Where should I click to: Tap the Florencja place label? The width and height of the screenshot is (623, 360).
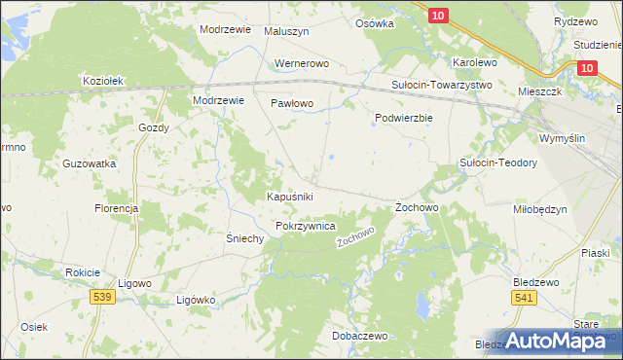[116, 208]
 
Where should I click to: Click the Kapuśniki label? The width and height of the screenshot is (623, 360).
[289, 197]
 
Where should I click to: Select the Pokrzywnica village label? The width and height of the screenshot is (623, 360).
[306, 226]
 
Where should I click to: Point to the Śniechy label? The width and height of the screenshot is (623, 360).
[244, 238]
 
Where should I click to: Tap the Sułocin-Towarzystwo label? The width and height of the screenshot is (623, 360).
[442, 85]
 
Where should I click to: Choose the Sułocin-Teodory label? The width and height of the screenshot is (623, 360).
[498, 163]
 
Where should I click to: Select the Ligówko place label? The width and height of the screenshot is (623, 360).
[195, 300]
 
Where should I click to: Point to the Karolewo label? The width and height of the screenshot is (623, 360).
[475, 62]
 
